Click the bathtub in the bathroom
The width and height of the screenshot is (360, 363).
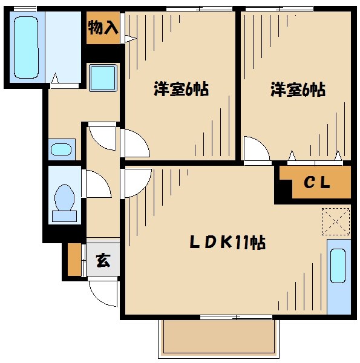[x=25, y=47]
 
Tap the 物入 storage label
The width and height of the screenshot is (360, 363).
[x=103, y=28]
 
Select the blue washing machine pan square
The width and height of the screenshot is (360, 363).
[x=103, y=77]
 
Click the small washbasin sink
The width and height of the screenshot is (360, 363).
[x=61, y=149]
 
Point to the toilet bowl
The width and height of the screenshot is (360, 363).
[x=64, y=198]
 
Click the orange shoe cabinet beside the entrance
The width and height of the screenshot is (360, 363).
[x=74, y=259]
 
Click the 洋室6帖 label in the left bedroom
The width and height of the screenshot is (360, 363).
[x=180, y=90]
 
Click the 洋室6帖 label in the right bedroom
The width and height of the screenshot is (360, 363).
[x=297, y=90]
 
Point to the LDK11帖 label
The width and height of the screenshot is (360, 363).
[x=227, y=243]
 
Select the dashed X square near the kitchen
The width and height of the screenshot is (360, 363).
[x=336, y=220]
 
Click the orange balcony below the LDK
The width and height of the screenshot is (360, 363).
[x=220, y=337]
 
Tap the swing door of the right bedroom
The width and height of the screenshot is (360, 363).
[x=255, y=149]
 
